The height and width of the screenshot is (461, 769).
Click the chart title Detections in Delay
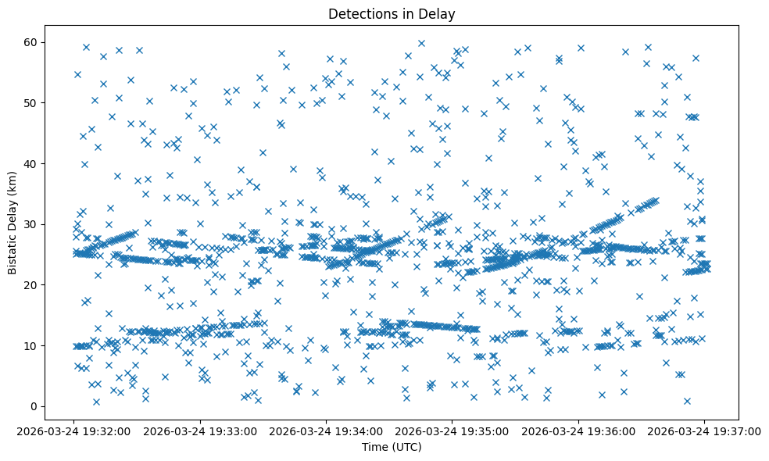click(x=392, y=13)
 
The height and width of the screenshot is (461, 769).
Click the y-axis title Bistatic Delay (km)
click(x=13, y=213)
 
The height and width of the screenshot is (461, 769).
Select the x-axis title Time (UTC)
click(x=392, y=447)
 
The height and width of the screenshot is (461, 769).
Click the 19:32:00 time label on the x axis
click(x=73, y=430)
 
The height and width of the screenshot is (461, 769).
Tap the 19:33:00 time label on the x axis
click(x=199, y=430)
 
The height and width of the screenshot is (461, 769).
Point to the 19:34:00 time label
click(x=326, y=430)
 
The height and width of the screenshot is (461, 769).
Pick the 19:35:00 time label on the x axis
click(x=452, y=430)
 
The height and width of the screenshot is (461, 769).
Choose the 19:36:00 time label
click(x=578, y=430)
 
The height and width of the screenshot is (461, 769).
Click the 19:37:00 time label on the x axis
click(x=704, y=430)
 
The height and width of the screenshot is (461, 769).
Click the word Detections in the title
click(x=363, y=13)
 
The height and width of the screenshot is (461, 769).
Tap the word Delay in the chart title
click(x=439, y=13)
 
